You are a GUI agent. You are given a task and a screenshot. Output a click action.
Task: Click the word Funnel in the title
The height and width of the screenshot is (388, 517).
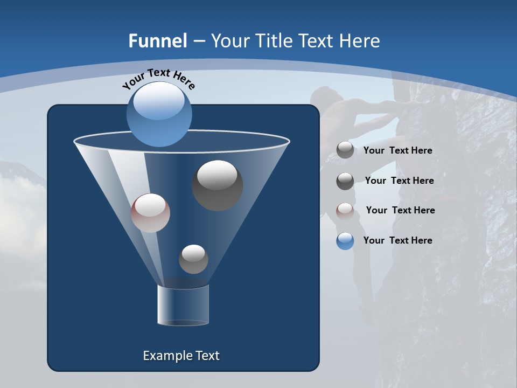pos(157,40)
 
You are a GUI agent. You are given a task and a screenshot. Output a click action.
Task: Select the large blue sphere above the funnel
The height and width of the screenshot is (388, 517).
pos(159,114)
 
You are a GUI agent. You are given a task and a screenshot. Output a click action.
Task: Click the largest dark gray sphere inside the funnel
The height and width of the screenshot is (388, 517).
pos(218,185)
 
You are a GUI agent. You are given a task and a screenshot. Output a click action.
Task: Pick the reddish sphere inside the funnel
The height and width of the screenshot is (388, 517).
pos(150,213)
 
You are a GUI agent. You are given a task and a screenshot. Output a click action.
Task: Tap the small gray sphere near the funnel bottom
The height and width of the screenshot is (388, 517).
pos(193,259)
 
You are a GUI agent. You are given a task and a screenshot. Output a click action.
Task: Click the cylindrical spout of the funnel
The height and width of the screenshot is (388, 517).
pos(183,304)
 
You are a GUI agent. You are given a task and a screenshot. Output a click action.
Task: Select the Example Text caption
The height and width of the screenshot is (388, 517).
pos(181,356)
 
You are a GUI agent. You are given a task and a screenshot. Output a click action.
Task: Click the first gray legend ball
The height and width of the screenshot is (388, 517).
pos(345,150)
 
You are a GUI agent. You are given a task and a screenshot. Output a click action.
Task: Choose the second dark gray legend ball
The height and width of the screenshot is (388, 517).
pos(345,181)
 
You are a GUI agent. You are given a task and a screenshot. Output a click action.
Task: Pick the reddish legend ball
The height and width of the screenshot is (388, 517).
pos(345,211)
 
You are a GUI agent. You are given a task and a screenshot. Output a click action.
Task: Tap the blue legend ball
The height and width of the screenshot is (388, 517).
pos(345,241)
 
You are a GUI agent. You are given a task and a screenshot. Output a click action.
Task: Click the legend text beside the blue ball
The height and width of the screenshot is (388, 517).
pos(397,240)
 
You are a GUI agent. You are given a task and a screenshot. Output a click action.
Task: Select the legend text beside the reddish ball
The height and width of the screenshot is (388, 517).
pos(400,210)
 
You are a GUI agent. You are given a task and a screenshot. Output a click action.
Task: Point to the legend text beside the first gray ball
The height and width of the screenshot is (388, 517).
pos(397,150)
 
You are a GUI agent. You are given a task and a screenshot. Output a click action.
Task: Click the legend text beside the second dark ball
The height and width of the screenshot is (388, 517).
pos(399,181)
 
